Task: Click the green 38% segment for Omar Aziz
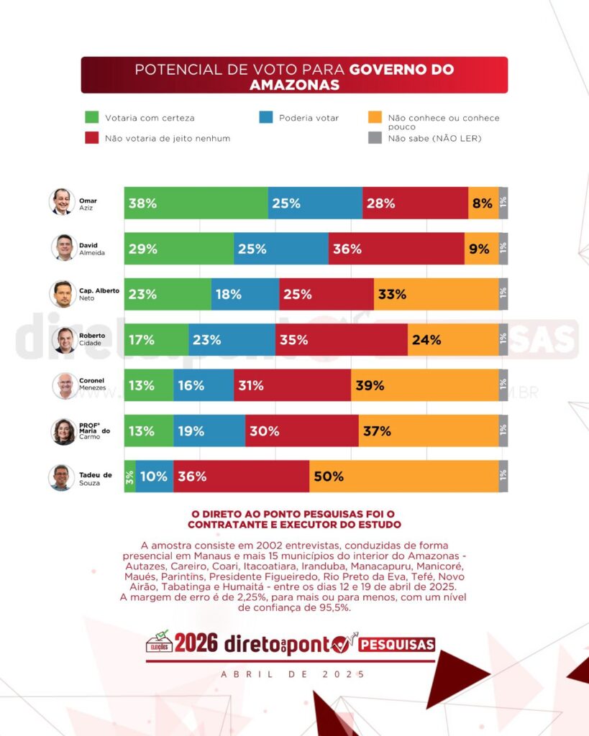tap(196, 203)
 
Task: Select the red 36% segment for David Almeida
tap(396, 249)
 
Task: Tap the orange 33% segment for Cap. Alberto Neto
tap(436, 294)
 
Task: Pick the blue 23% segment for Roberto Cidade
tap(232, 340)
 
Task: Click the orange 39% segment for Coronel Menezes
tap(424, 385)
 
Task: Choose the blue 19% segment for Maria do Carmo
tap(209, 431)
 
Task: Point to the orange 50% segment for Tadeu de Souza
tap(403, 476)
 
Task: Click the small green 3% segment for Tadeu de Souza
tap(129, 476)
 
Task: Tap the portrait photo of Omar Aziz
tap(62, 202)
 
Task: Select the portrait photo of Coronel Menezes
tap(64, 385)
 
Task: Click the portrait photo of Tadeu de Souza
tap(62, 477)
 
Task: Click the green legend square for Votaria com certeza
tap(91, 117)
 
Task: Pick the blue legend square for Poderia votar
tap(265, 117)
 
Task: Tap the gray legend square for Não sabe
tap(374, 137)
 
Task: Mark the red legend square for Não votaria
tap(91, 137)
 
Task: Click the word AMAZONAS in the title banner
tap(294, 84)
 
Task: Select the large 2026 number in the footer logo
tap(196, 643)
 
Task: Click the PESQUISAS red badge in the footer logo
tap(397, 644)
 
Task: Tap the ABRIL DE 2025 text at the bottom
tap(293, 674)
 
